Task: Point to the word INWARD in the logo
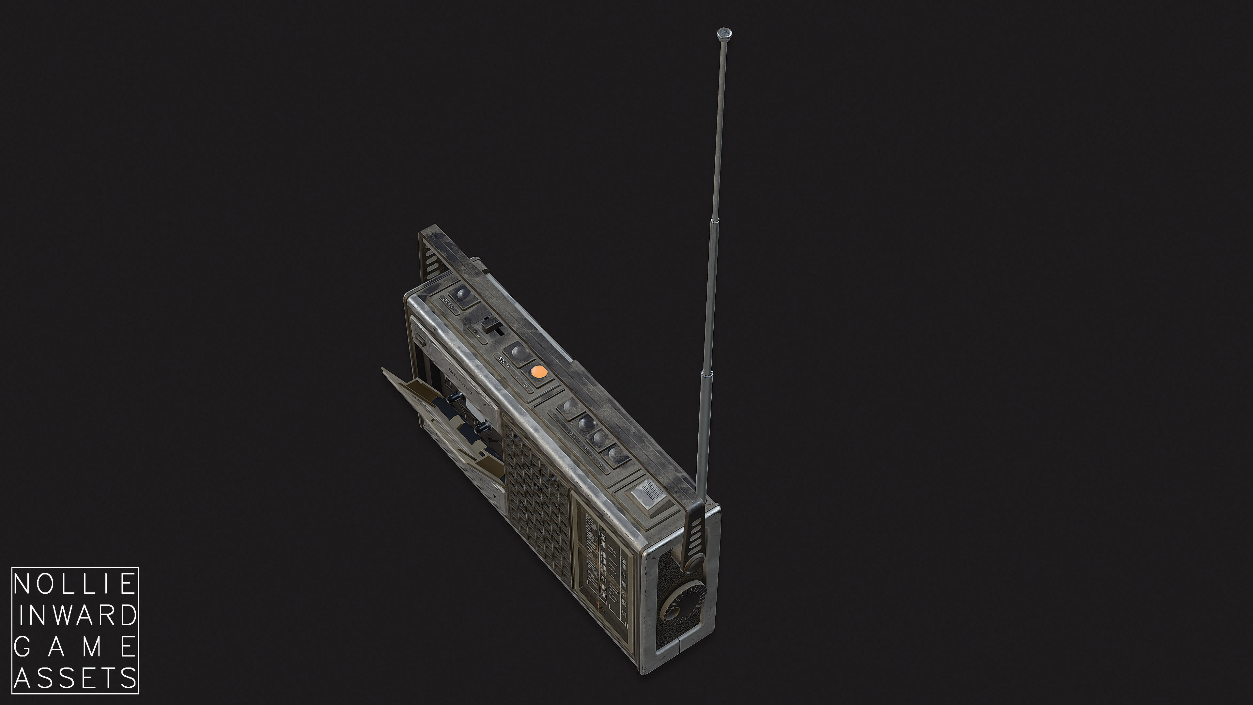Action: (x=75, y=616)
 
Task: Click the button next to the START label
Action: (x=461, y=295)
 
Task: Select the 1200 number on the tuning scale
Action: (x=603, y=579)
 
